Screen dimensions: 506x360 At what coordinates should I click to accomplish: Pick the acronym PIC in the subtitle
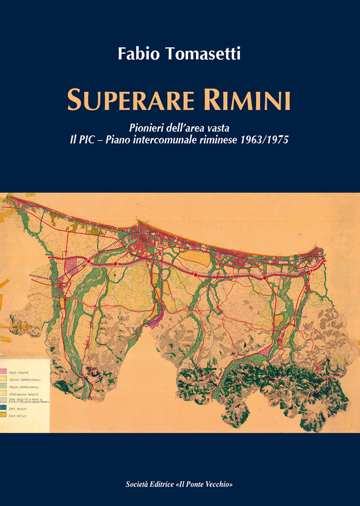(x=87, y=140)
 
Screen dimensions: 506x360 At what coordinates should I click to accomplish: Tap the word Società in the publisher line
(x=137, y=484)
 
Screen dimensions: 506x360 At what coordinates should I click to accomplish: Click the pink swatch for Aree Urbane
(x=3, y=371)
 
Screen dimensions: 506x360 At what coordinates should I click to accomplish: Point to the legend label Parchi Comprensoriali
(x=24, y=387)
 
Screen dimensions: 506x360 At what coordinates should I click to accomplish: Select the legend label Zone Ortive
(x=18, y=416)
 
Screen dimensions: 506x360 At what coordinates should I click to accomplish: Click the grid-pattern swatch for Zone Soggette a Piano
(x=3, y=400)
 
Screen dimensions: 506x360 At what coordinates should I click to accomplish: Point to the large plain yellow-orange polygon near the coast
(x=195, y=258)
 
